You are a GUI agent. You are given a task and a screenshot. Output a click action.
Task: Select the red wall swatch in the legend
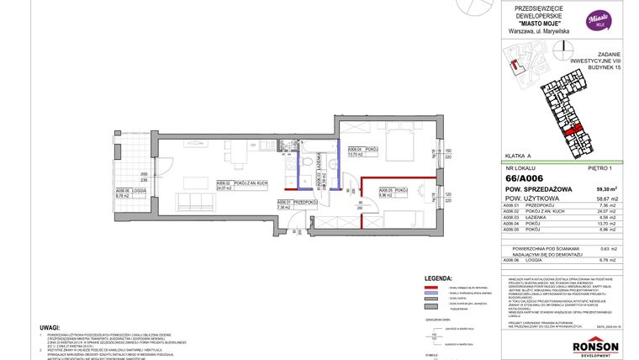point(432,288)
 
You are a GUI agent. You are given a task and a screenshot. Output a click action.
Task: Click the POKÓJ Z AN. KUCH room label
point(234,183)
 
